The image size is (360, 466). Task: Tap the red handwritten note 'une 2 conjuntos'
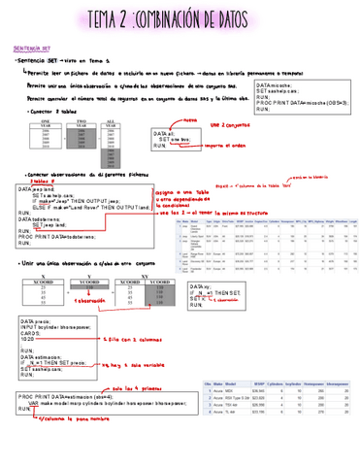click(230, 125)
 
